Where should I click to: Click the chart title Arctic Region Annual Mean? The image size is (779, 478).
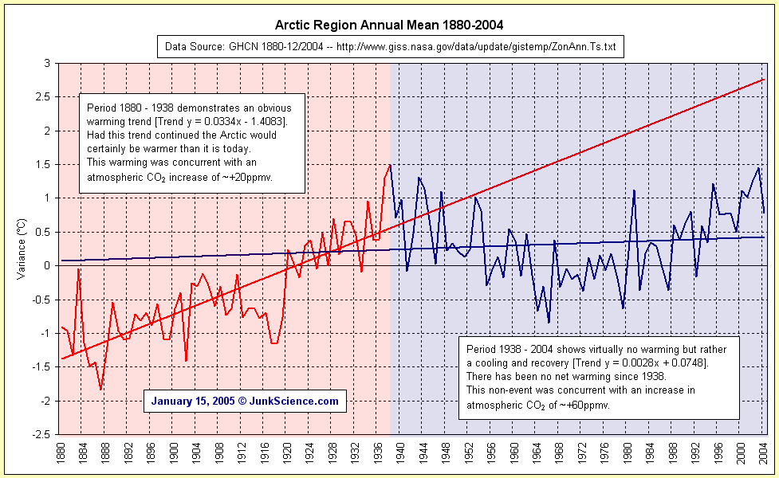[389, 26]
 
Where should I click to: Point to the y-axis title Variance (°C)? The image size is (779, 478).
[22, 248]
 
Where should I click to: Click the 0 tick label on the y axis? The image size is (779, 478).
[47, 265]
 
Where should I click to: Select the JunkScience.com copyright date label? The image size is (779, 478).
[245, 402]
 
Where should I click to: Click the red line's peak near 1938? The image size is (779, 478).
[390, 166]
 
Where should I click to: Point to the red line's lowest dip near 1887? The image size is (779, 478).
[100, 390]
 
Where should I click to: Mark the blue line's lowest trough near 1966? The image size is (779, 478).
[549, 323]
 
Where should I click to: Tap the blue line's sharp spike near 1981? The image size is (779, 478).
[634, 190]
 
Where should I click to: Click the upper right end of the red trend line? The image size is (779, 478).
[764, 80]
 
